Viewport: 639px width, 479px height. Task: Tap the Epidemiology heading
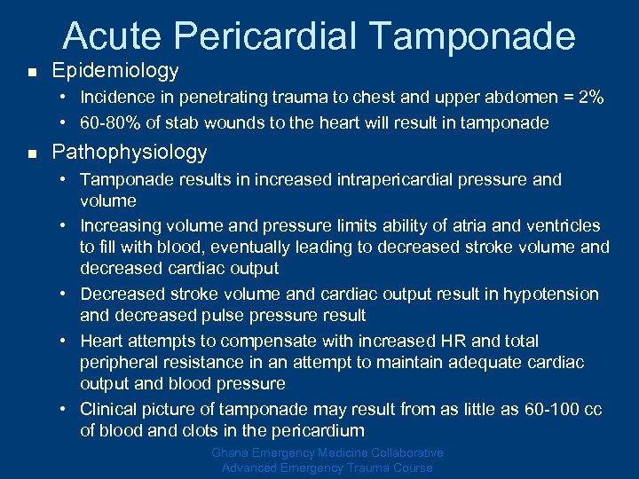(x=115, y=70)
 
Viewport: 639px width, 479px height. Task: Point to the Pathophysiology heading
(x=130, y=153)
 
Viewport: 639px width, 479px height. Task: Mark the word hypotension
(x=552, y=294)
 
